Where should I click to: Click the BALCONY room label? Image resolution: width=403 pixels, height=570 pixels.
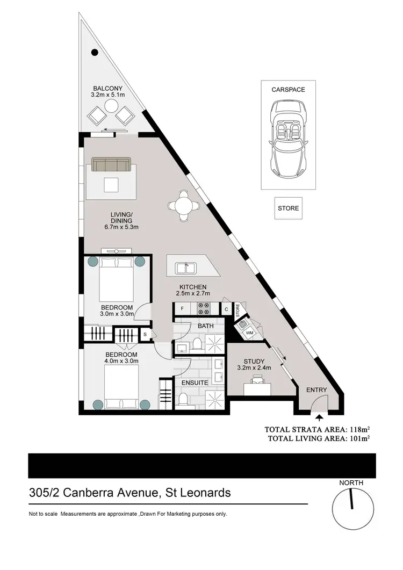point(108,88)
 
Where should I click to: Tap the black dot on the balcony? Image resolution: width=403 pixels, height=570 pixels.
point(95,53)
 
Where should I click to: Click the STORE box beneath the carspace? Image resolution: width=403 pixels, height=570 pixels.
point(288,208)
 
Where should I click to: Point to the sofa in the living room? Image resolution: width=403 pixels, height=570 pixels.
point(111,164)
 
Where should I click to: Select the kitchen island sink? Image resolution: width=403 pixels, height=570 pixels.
point(188,266)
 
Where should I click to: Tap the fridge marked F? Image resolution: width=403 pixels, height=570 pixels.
point(183,309)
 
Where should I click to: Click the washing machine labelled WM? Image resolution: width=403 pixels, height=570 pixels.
point(249,333)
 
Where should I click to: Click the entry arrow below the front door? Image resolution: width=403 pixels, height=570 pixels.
point(319,416)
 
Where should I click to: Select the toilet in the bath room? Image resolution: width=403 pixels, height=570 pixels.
point(197,342)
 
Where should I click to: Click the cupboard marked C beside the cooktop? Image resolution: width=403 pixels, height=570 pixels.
point(226,309)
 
